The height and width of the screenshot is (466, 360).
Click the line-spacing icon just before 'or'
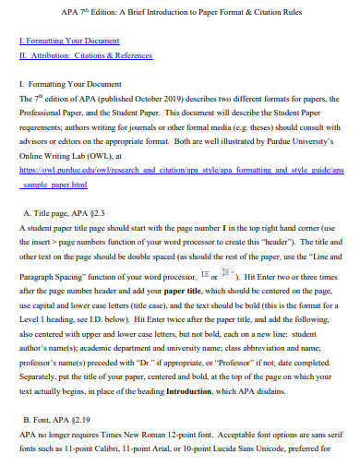click(203, 249)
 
